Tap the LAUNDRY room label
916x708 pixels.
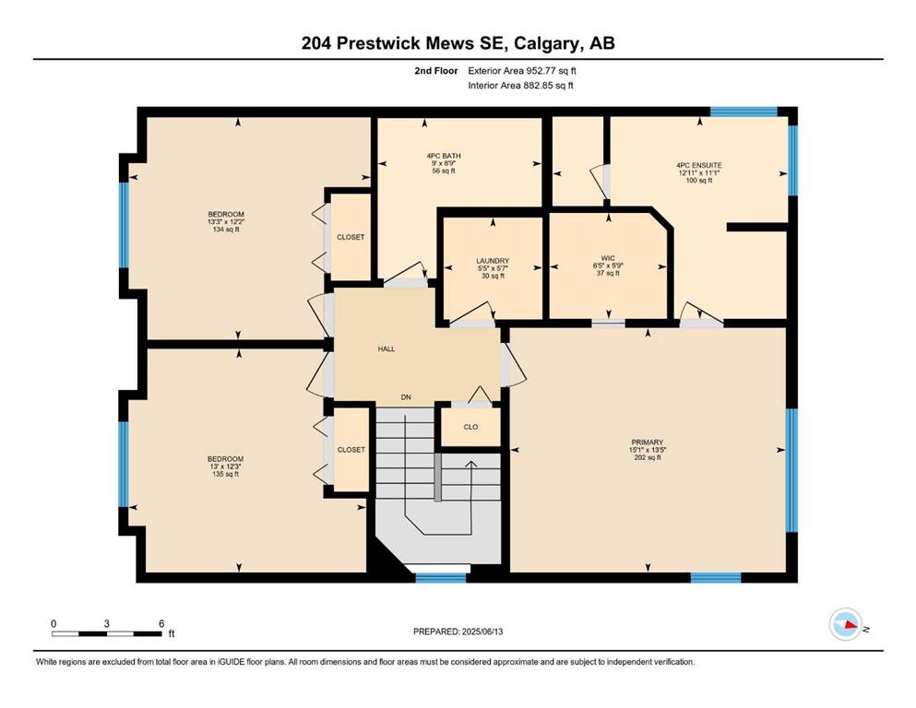[493, 261]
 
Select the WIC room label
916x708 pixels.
[608, 258]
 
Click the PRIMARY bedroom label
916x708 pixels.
[648, 442]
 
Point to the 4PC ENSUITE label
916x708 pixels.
[699, 165]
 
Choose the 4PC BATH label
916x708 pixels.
[444, 156]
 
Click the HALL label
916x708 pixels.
[387, 349]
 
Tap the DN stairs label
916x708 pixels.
[406, 397]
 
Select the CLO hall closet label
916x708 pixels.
[470, 427]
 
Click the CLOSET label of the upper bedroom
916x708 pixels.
[351, 237]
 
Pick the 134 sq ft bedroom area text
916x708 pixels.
[225, 230]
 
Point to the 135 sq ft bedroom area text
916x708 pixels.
[225, 474]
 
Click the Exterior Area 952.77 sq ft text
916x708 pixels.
[522, 71]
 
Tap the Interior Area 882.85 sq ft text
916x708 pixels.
[520, 85]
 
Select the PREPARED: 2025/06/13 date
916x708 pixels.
[458, 631]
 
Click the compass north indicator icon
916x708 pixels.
[846, 624]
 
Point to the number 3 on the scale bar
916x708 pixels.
[106, 623]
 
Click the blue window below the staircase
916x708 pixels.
[441, 578]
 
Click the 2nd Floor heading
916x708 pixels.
[436, 71]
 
